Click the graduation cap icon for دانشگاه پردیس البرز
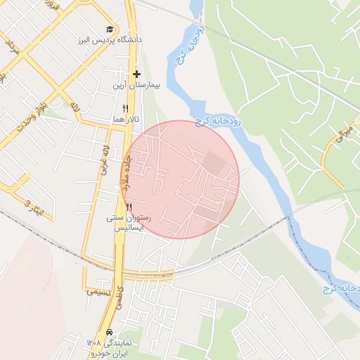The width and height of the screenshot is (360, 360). click(109, 29)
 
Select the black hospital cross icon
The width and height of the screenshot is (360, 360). click(136, 74)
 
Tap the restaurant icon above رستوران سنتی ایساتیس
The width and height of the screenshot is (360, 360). click(129, 207)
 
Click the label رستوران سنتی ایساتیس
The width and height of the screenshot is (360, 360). click(129, 223)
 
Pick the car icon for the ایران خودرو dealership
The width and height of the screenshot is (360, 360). click(110, 332)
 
